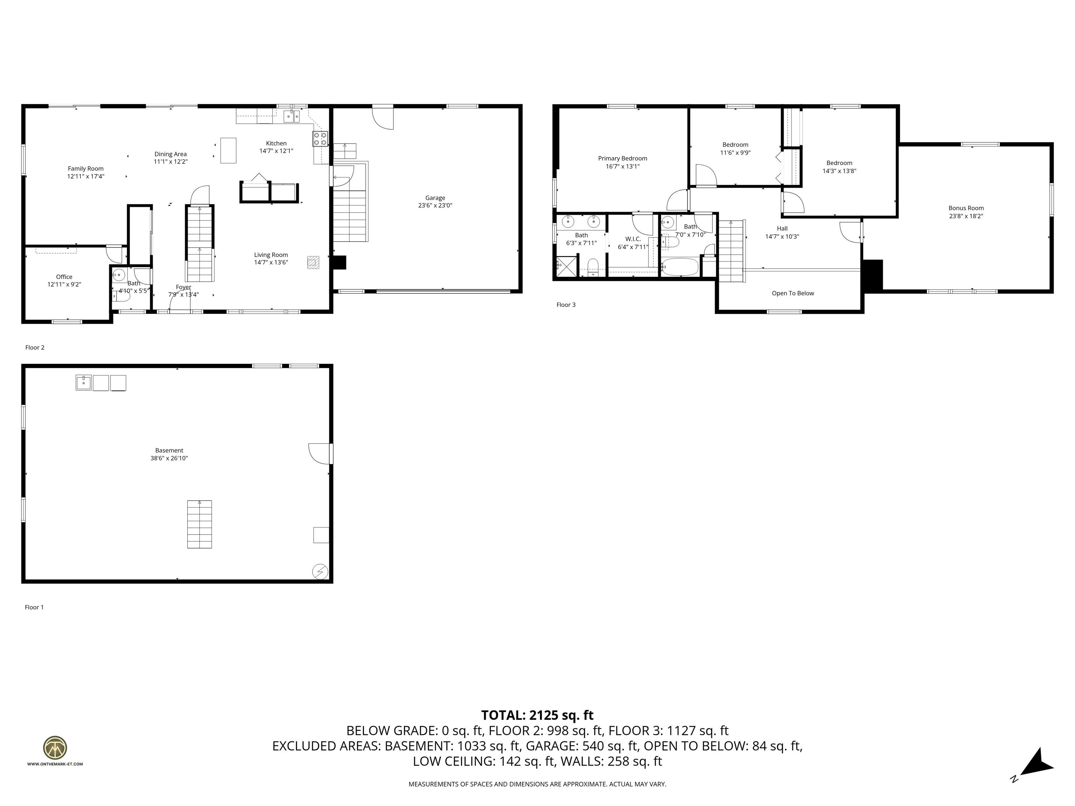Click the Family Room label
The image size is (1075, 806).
pyautogui.click(x=85, y=169)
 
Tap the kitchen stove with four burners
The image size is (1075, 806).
pyautogui.click(x=320, y=139)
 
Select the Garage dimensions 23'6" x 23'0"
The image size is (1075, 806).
pyautogui.click(x=435, y=205)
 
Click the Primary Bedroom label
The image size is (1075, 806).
pyautogui.click(x=622, y=158)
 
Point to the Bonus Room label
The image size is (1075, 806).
pyautogui.click(x=966, y=208)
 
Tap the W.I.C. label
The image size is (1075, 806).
pyautogui.click(x=633, y=239)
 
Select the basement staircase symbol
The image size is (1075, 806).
pyautogui.click(x=199, y=524)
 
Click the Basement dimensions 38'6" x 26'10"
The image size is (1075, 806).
pyautogui.click(x=169, y=458)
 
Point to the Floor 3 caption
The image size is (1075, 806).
pyautogui.click(x=566, y=305)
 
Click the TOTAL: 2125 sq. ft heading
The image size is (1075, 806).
pyautogui.click(x=537, y=715)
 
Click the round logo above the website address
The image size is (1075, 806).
pyautogui.click(x=55, y=748)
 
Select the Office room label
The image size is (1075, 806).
pyautogui.click(x=64, y=277)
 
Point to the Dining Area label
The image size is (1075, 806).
pyautogui.click(x=170, y=154)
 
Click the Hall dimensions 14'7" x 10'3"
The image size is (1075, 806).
pyautogui.click(x=782, y=236)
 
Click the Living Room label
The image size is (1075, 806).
pyautogui.click(x=271, y=255)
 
